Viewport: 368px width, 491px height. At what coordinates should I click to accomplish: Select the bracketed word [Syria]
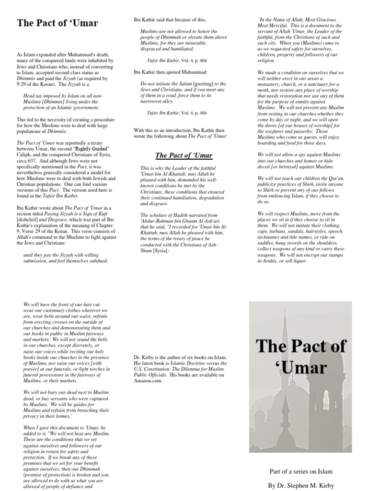tap(164, 251)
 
